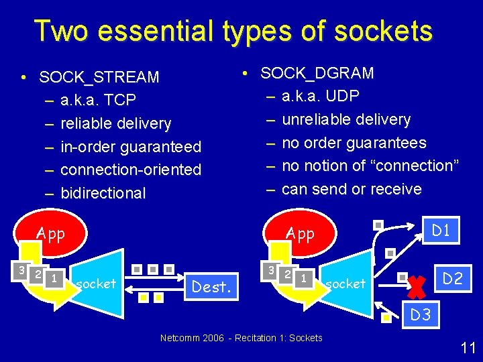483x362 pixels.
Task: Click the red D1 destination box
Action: (441, 231)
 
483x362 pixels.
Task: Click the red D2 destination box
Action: (453, 278)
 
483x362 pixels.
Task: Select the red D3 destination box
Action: (421, 314)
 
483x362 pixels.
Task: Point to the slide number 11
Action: (468, 347)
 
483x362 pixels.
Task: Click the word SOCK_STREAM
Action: (99, 77)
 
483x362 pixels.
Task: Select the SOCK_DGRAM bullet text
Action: (317, 72)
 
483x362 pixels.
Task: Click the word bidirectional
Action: (103, 193)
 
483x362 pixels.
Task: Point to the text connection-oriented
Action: (131, 170)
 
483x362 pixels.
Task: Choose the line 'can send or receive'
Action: (352, 189)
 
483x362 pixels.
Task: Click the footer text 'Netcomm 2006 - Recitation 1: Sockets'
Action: (241, 338)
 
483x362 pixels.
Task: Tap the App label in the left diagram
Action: (50, 234)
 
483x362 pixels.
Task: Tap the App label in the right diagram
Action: (300, 233)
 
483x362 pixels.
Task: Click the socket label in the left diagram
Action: (96, 284)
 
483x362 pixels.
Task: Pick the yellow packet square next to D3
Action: (386, 318)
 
